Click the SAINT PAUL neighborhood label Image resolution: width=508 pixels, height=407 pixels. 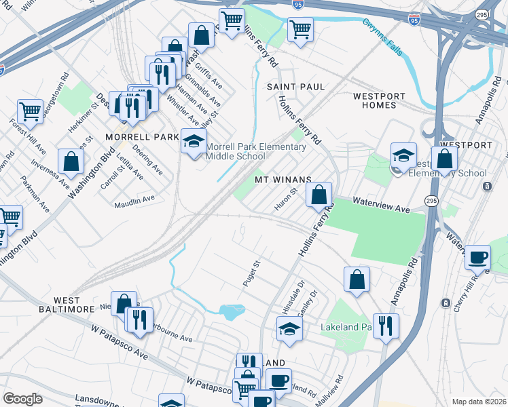click(295, 88)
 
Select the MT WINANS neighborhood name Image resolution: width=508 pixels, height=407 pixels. click(283, 180)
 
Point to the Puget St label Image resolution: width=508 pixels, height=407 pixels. click(252, 273)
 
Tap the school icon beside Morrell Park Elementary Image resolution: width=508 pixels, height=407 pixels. click(194, 142)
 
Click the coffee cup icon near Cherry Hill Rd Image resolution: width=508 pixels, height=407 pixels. click(478, 258)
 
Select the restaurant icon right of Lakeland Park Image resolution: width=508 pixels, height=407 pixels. click(386, 326)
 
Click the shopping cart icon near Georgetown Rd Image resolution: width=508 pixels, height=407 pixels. click(30, 111)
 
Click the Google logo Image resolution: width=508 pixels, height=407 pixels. click(22, 399)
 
